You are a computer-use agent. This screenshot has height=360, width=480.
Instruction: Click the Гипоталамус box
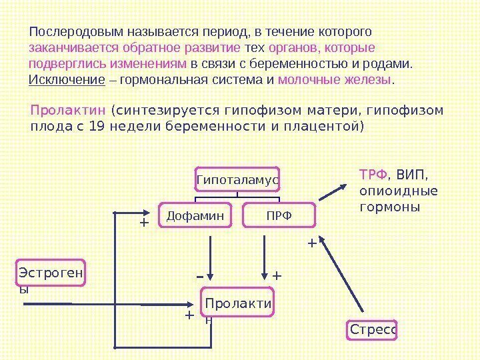coord(237,179)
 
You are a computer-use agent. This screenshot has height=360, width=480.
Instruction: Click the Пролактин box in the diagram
coord(238,306)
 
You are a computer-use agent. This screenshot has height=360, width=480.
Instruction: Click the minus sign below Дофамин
coord(199,275)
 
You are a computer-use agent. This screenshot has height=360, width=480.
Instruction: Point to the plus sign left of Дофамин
coord(143,223)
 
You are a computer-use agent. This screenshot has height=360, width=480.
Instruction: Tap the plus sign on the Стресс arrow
coord(311,243)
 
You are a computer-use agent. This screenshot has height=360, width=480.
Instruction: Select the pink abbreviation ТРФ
coord(373,175)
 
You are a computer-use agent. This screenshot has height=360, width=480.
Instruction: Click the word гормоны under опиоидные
coord(389,207)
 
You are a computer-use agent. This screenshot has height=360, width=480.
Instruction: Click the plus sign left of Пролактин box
coord(189,315)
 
